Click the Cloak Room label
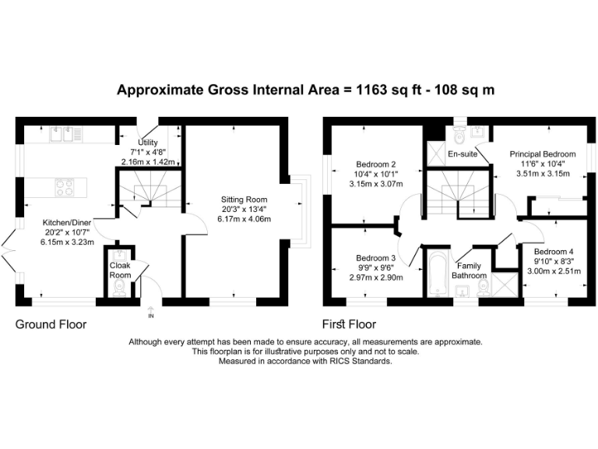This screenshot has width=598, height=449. point(120,270)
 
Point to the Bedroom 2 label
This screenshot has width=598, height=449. point(377,164)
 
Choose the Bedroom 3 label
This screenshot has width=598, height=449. point(376,258)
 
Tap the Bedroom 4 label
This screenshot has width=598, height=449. point(554,252)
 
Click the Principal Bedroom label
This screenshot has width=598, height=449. point(543,154)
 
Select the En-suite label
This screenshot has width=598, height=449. point(462,154)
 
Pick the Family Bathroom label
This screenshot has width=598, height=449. point(471,270)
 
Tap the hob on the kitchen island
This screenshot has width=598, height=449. point(64,187)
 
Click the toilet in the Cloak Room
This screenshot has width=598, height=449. point(120,288)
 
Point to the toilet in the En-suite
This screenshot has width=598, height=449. point(458,136)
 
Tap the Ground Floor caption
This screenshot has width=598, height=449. point(51,324)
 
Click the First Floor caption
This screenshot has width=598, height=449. point(350,324)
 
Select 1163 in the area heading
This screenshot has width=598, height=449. point(372,90)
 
